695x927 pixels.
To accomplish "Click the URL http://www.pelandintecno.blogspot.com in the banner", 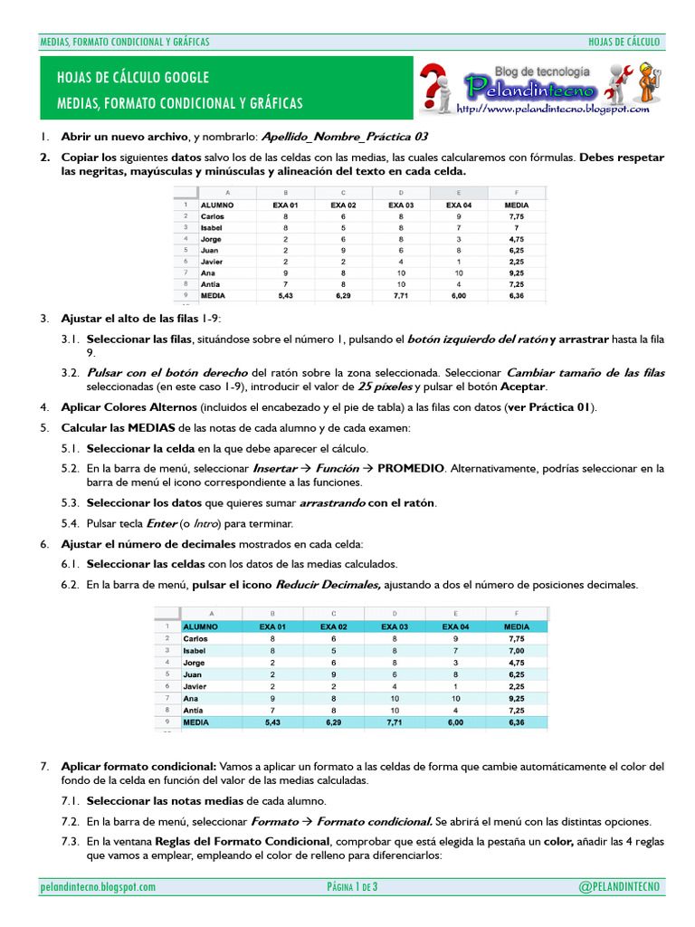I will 553,109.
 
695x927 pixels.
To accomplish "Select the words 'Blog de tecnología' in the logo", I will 542,71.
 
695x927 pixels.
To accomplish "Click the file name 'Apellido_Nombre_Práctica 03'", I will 344,138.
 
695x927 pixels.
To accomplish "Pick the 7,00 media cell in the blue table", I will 516,650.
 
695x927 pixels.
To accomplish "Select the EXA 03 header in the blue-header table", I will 395,626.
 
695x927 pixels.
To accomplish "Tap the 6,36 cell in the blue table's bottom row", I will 516,723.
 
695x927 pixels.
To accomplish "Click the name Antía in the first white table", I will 211,283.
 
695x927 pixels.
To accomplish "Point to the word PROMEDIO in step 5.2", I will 411,469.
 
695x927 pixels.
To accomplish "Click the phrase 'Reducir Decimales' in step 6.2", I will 328,585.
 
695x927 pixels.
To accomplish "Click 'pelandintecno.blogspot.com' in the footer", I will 99,887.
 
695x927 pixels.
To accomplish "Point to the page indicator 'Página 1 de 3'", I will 352,886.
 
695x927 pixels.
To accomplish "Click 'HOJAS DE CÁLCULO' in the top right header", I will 624,42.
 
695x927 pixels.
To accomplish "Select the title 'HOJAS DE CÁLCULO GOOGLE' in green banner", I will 133,77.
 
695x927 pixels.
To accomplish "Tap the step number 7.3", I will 71,841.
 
